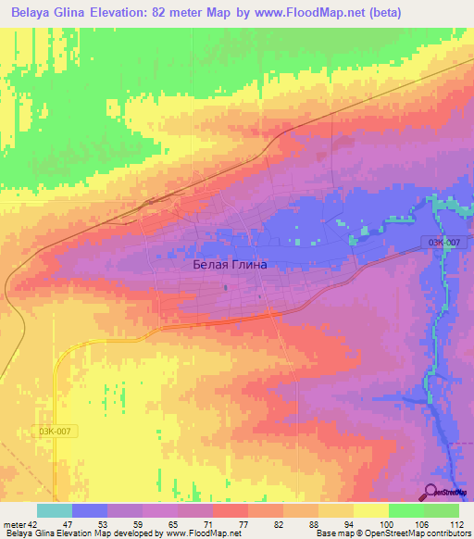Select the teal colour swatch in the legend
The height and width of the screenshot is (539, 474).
pos(54,510)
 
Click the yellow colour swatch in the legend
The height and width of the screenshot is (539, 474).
pos(370,510)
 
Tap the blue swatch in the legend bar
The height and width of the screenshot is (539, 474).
pos(89,510)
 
